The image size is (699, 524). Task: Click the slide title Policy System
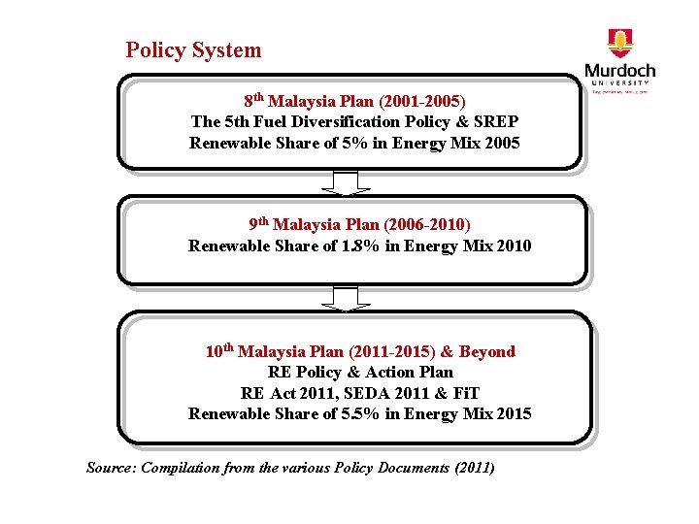(x=193, y=50)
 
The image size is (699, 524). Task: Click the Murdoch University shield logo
(x=618, y=44)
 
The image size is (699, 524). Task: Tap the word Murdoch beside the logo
(x=619, y=71)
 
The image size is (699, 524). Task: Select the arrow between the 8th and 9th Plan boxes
(x=346, y=182)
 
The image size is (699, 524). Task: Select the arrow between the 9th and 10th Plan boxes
(x=346, y=298)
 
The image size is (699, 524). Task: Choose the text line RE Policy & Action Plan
(x=359, y=373)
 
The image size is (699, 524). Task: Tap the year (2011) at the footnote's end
(x=474, y=468)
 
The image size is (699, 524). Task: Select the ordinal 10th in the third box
(x=218, y=350)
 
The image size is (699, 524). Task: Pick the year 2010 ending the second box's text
(x=513, y=246)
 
